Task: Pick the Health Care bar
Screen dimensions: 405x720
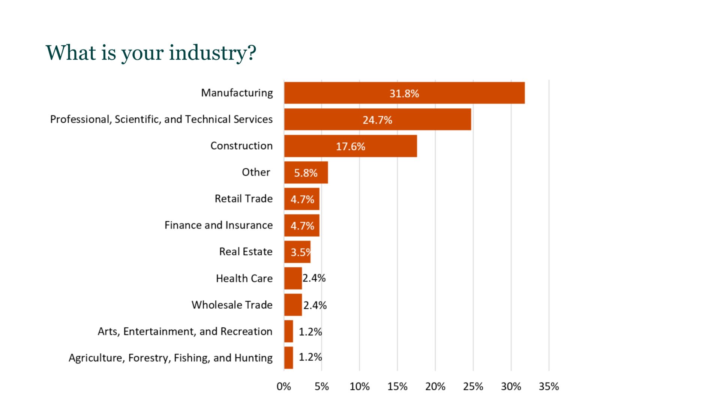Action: tap(293, 278)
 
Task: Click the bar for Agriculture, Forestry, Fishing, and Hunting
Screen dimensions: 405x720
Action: tap(288, 358)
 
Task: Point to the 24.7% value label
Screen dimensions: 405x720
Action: tap(377, 120)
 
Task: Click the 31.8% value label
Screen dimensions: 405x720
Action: tap(404, 93)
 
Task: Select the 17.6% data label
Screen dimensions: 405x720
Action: tap(350, 146)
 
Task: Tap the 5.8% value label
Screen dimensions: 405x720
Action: tap(306, 173)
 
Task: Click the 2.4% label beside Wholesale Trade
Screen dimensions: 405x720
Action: tap(315, 305)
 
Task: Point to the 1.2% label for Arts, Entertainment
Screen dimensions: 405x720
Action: tap(310, 331)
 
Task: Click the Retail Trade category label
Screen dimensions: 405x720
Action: tap(243, 199)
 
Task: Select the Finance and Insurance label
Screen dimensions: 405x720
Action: tap(219, 225)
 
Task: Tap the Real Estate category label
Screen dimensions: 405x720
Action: tap(246, 252)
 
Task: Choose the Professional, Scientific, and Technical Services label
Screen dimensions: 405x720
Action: tap(161, 119)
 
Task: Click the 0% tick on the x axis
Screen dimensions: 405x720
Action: tap(284, 386)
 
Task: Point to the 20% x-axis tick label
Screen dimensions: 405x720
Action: tap(435, 386)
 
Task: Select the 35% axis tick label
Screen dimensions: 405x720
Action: tap(549, 386)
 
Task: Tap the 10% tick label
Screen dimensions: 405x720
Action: tap(359, 386)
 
